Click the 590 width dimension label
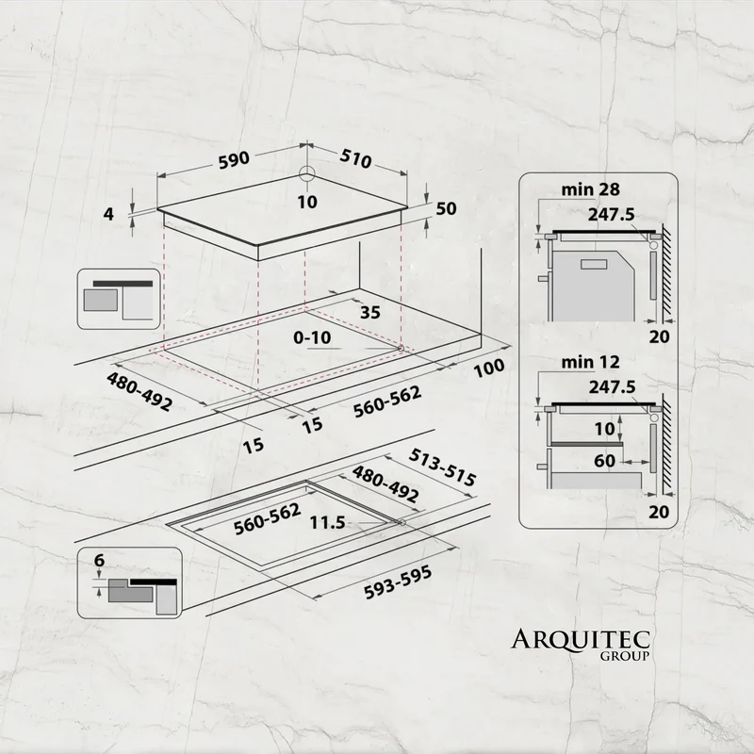pyautogui.click(x=234, y=160)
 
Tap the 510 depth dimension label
pyautogui.click(x=356, y=158)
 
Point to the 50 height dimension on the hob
pyautogui.click(x=446, y=208)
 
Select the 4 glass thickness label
pyautogui.click(x=109, y=214)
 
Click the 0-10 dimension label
pyautogui.click(x=313, y=337)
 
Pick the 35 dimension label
pyautogui.click(x=370, y=313)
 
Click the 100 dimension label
pyautogui.click(x=489, y=368)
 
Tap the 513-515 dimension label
pyautogui.click(x=442, y=467)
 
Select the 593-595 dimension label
pyautogui.click(x=398, y=582)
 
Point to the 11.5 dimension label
pyautogui.click(x=327, y=522)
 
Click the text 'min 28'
pyautogui.click(x=591, y=189)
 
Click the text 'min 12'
pyautogui.click(x=591, y=362)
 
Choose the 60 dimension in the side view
pyautogui.click(x=604, y=461)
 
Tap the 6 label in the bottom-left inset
pyautogui.click(x=100, y=560)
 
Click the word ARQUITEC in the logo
pyautogui.click(x=581, y=640)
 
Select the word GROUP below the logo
pyautogui.click(x=625, y=656)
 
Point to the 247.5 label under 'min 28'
pyautogui.click(x=611, y=215)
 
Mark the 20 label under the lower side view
pyautogui.click(x=659, y=512)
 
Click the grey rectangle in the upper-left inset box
pyautogui.click(x=101, y=300)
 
